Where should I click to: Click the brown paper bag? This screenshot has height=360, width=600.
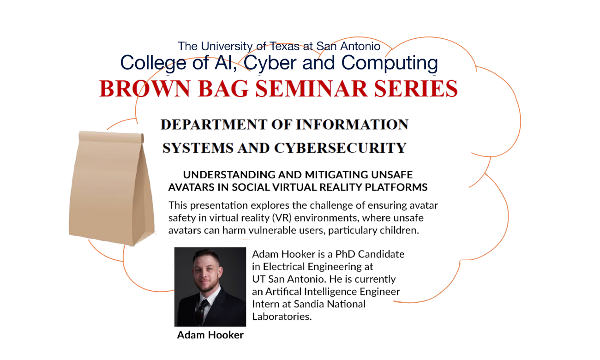click(111, 189)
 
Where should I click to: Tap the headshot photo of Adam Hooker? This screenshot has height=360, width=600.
click(210, 286)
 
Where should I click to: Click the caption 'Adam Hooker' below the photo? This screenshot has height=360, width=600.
click(210, 335)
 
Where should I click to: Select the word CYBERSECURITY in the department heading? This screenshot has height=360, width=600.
click(340, 148)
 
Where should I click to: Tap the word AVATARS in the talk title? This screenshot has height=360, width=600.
click(190, 187)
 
